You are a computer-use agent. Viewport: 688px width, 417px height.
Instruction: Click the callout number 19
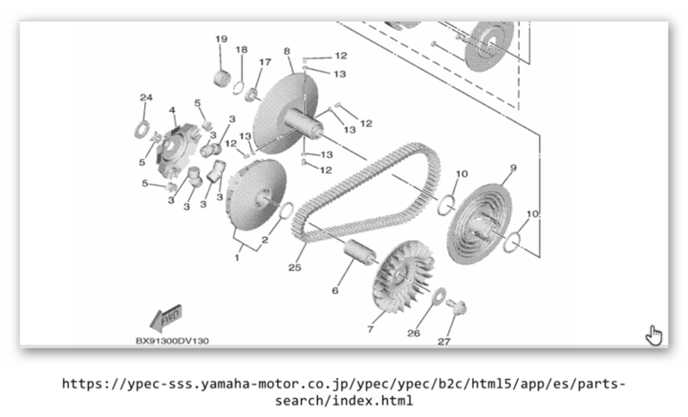click(221, 39)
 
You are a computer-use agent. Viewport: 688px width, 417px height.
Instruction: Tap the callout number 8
click(287, 51)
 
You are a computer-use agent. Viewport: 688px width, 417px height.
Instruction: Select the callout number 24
click(146, 97)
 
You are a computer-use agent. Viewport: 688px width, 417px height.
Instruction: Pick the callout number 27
click(443, 341)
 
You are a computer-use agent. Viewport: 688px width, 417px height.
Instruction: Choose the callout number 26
click(413, 333)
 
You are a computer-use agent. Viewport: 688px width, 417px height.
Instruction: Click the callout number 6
click(335, 291)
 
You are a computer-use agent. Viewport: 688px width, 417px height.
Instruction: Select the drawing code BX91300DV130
click(172, 341)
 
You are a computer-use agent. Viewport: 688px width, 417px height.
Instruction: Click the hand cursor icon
click(654, 335)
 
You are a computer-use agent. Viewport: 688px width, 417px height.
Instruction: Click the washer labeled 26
click(440, 296)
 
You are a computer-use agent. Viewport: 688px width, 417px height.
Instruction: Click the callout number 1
click(236, 257)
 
